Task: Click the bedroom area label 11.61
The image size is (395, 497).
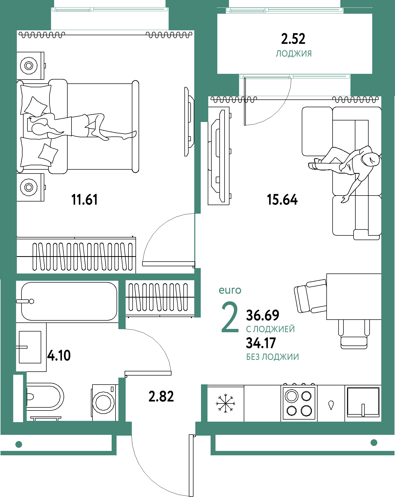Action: coord(84,200)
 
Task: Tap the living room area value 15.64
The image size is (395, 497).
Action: coord(282,200)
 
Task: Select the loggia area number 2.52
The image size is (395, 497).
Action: coord(293,39)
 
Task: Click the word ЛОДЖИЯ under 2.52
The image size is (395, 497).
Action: coord(294,54)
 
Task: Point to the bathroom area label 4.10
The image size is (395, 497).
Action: coord(59,355)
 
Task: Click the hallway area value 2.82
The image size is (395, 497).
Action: coord(161,397)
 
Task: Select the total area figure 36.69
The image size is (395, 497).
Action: coord(263,315)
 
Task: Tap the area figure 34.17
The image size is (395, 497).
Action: coord(261,343)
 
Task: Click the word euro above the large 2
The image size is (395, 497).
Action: coord(230,290)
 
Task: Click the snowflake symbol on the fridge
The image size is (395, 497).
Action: coord(226,403)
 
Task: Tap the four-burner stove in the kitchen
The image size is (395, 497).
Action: coord(299,403)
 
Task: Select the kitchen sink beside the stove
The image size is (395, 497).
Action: coord(363,402)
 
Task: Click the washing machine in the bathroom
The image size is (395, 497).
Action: coord(104,402)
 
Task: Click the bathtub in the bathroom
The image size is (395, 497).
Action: coord(69,301)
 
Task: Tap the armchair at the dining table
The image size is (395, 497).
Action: coord(310,296)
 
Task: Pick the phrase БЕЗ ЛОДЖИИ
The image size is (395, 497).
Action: coord(272,357)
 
